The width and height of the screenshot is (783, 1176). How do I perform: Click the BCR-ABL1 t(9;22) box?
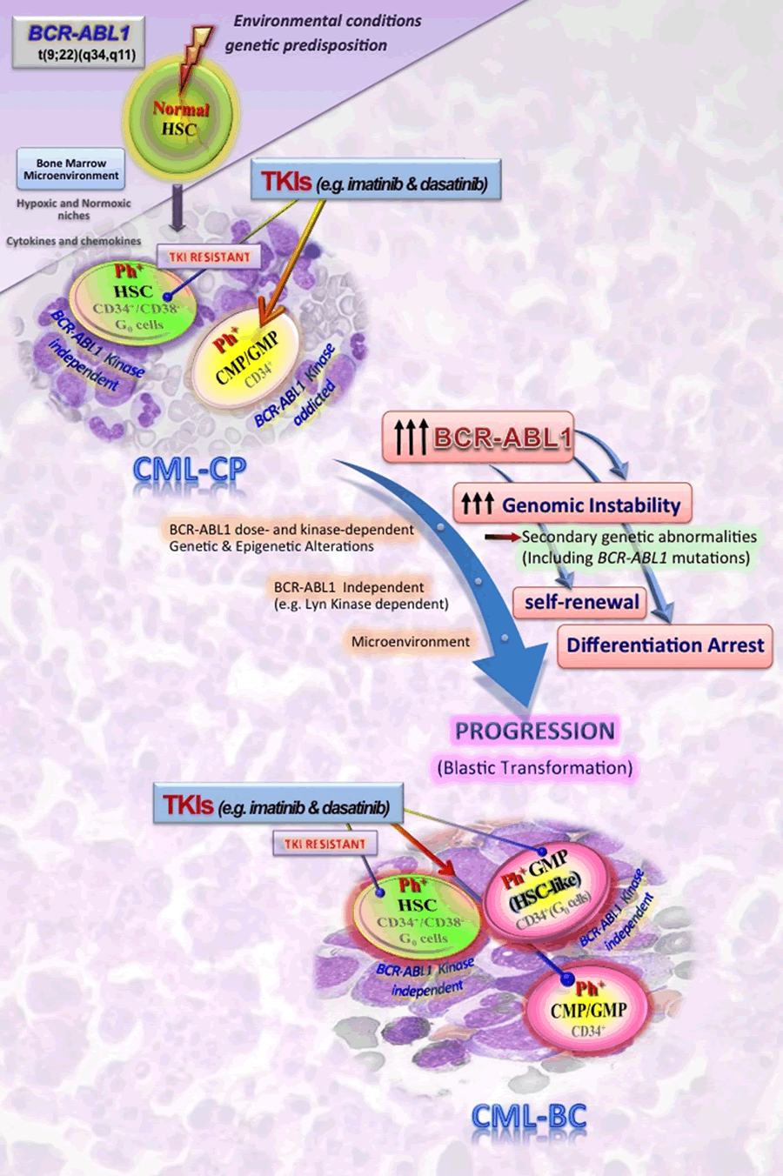click(78, 43)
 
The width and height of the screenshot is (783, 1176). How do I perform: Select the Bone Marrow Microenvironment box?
click(71, 170)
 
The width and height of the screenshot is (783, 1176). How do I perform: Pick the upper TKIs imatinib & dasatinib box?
click(376, 183)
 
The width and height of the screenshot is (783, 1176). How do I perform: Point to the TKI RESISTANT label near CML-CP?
click(209, 257)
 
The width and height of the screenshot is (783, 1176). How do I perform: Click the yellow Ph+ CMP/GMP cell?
click(247, 357)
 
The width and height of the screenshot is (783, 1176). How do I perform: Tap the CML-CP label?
click(190, 470)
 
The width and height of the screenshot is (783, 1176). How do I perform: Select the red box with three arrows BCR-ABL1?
click(478, 437)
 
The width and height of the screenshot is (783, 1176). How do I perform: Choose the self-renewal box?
click(580, 602)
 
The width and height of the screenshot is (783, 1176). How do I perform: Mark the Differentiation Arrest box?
click(665, 645)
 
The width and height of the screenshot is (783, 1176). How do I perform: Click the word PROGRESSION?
click(535, 732)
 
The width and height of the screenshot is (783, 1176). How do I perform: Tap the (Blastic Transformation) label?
click(535, 768)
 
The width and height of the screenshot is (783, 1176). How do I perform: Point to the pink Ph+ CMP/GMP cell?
click(588, 1009)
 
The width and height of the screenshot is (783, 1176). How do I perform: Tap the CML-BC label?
click(528, 1117)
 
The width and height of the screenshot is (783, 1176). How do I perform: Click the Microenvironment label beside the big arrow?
click(410, 642)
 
